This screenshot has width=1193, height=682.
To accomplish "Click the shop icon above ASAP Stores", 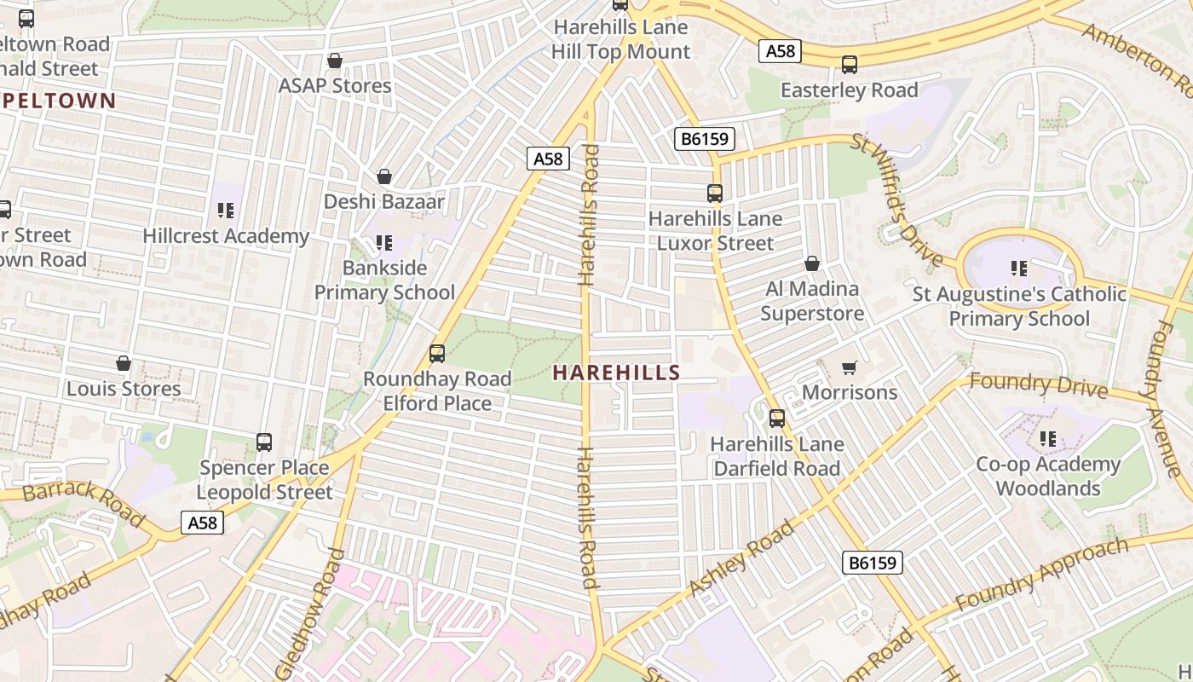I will click(335, 61).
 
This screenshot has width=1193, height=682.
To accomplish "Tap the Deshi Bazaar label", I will click(383, 202).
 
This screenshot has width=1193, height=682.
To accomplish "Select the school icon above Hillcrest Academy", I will click(225, 210).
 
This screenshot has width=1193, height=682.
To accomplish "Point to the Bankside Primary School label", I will click(385, 280).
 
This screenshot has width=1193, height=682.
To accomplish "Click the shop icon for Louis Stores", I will click(124, 364).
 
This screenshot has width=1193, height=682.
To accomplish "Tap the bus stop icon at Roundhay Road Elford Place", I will click(437, 354).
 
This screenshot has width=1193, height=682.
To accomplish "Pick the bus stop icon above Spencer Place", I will click(264, 442).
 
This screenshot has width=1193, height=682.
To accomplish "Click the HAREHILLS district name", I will click(616, 373).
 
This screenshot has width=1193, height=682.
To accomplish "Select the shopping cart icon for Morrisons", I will click(849, 367).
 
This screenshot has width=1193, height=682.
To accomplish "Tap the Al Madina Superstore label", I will click(811, 301).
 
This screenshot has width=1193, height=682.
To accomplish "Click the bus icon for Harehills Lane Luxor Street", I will click(715, 194).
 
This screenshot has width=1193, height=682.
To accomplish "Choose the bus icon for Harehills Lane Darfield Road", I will click(777, 419).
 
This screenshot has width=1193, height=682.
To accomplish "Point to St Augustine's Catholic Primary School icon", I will click(1019, 269).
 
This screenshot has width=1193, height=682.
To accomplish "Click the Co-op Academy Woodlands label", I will click(1048, 476).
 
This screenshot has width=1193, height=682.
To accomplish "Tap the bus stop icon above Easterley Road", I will click(850, 65).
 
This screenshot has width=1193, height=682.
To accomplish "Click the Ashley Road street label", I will click(741, 558).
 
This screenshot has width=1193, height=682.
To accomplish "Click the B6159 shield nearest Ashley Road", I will click(873, 563).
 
